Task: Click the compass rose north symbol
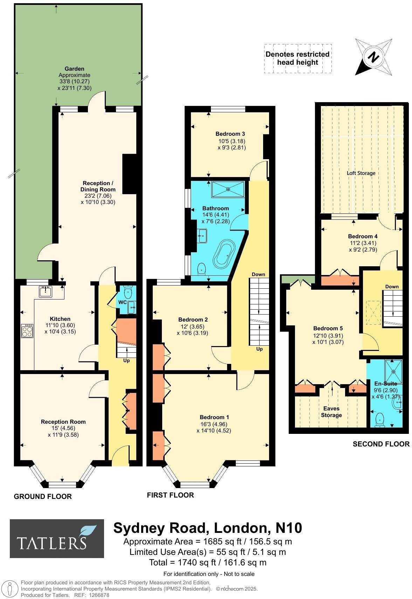(x=373, y=57)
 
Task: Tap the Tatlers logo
(x=57, y=538)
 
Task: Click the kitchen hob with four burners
(x=27, y=331)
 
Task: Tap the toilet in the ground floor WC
(x=128, y=290)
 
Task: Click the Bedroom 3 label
(x=230, y=134)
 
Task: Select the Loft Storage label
(x=361, y=173)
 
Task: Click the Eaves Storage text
(x=331, y=412)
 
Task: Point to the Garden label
(x=74, y=69)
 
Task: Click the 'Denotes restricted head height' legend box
(x=297, y=58)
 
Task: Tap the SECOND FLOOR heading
(x=381, y=444)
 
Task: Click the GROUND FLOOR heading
(x=43, y=496)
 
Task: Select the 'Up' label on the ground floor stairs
(x=126, y=360)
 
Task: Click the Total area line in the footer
(x=208, y=562)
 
